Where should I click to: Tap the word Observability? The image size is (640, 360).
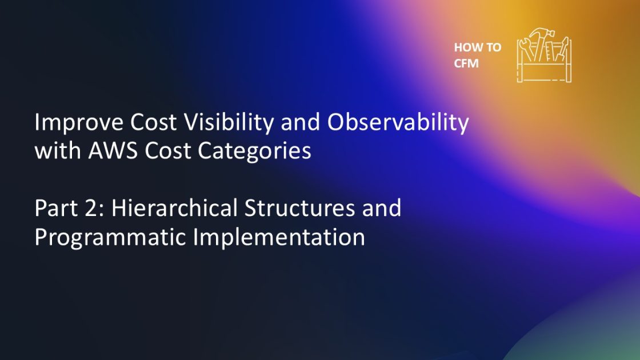[392, 122]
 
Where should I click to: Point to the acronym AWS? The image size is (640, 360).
[110, 151]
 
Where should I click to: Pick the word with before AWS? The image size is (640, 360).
[55, 151]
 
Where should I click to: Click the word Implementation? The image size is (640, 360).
[278, 237]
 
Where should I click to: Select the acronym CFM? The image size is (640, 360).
[466, 63]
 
